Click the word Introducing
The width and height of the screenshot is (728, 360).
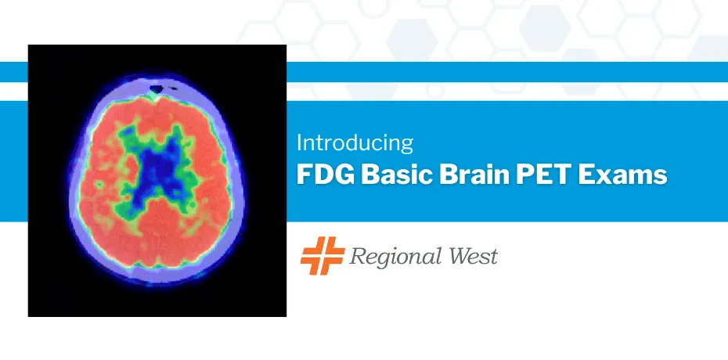point(355,144)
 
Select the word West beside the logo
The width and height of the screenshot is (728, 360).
point(470,256)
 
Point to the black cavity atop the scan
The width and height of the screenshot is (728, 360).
point(157,88)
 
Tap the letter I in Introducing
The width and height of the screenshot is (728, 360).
point(299,143)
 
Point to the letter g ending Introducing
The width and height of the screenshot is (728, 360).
point(407,147)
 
